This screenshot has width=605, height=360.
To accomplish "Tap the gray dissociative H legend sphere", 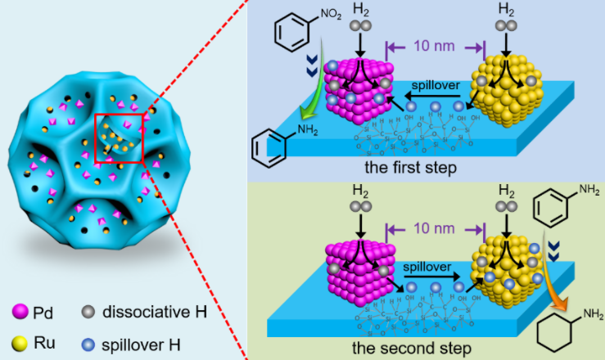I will [x=88, y=312].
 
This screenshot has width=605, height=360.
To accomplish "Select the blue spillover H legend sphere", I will [x=88, y=338].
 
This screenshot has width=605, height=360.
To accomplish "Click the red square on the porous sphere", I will [x=120, y=138].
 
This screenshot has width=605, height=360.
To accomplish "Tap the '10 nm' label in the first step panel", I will [x=435, y=47].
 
